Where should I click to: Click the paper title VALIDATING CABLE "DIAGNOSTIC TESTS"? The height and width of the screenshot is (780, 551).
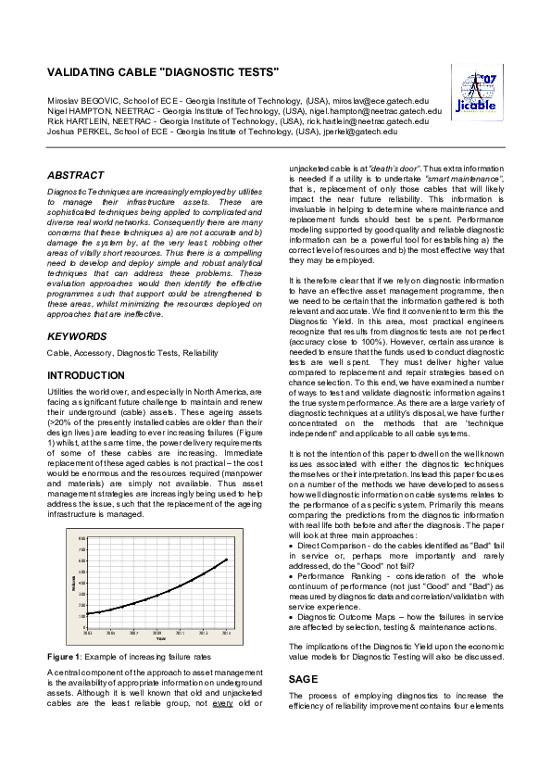point(163,71)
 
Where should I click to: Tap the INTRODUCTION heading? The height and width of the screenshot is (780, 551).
point(92,375)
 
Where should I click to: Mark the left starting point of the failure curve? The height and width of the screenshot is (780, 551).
point(87,613)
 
